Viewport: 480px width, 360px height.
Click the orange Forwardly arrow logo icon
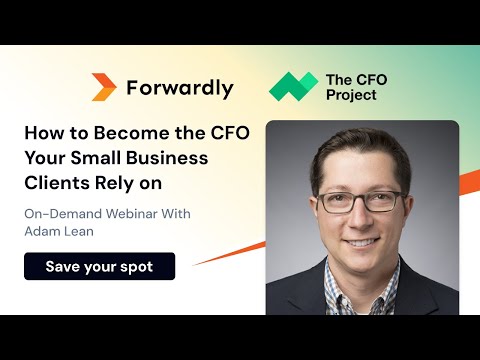pyautogui.click(x=103, y=87)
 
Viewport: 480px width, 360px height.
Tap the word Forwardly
pyautogui.click(x=180, y=88)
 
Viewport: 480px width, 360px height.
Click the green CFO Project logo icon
pyautogui.click(x=293, y=87)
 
